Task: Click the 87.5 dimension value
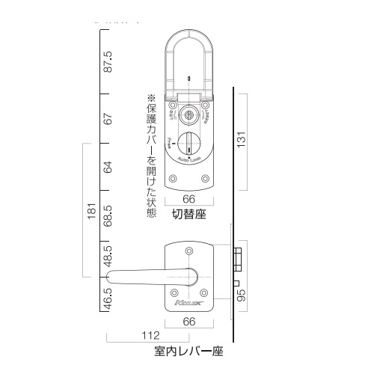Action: click(x=108, y=61)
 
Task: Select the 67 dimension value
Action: click(x=108, y=118)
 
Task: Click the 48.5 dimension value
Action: click(x=108, y=257)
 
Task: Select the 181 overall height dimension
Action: click(x=90, y=211)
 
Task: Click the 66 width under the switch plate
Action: click(x=188, y=199)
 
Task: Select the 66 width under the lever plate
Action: click(x=188, y=322)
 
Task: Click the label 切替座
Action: click(x=188, y=215)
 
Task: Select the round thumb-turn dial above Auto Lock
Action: click(x=188, y=142)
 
